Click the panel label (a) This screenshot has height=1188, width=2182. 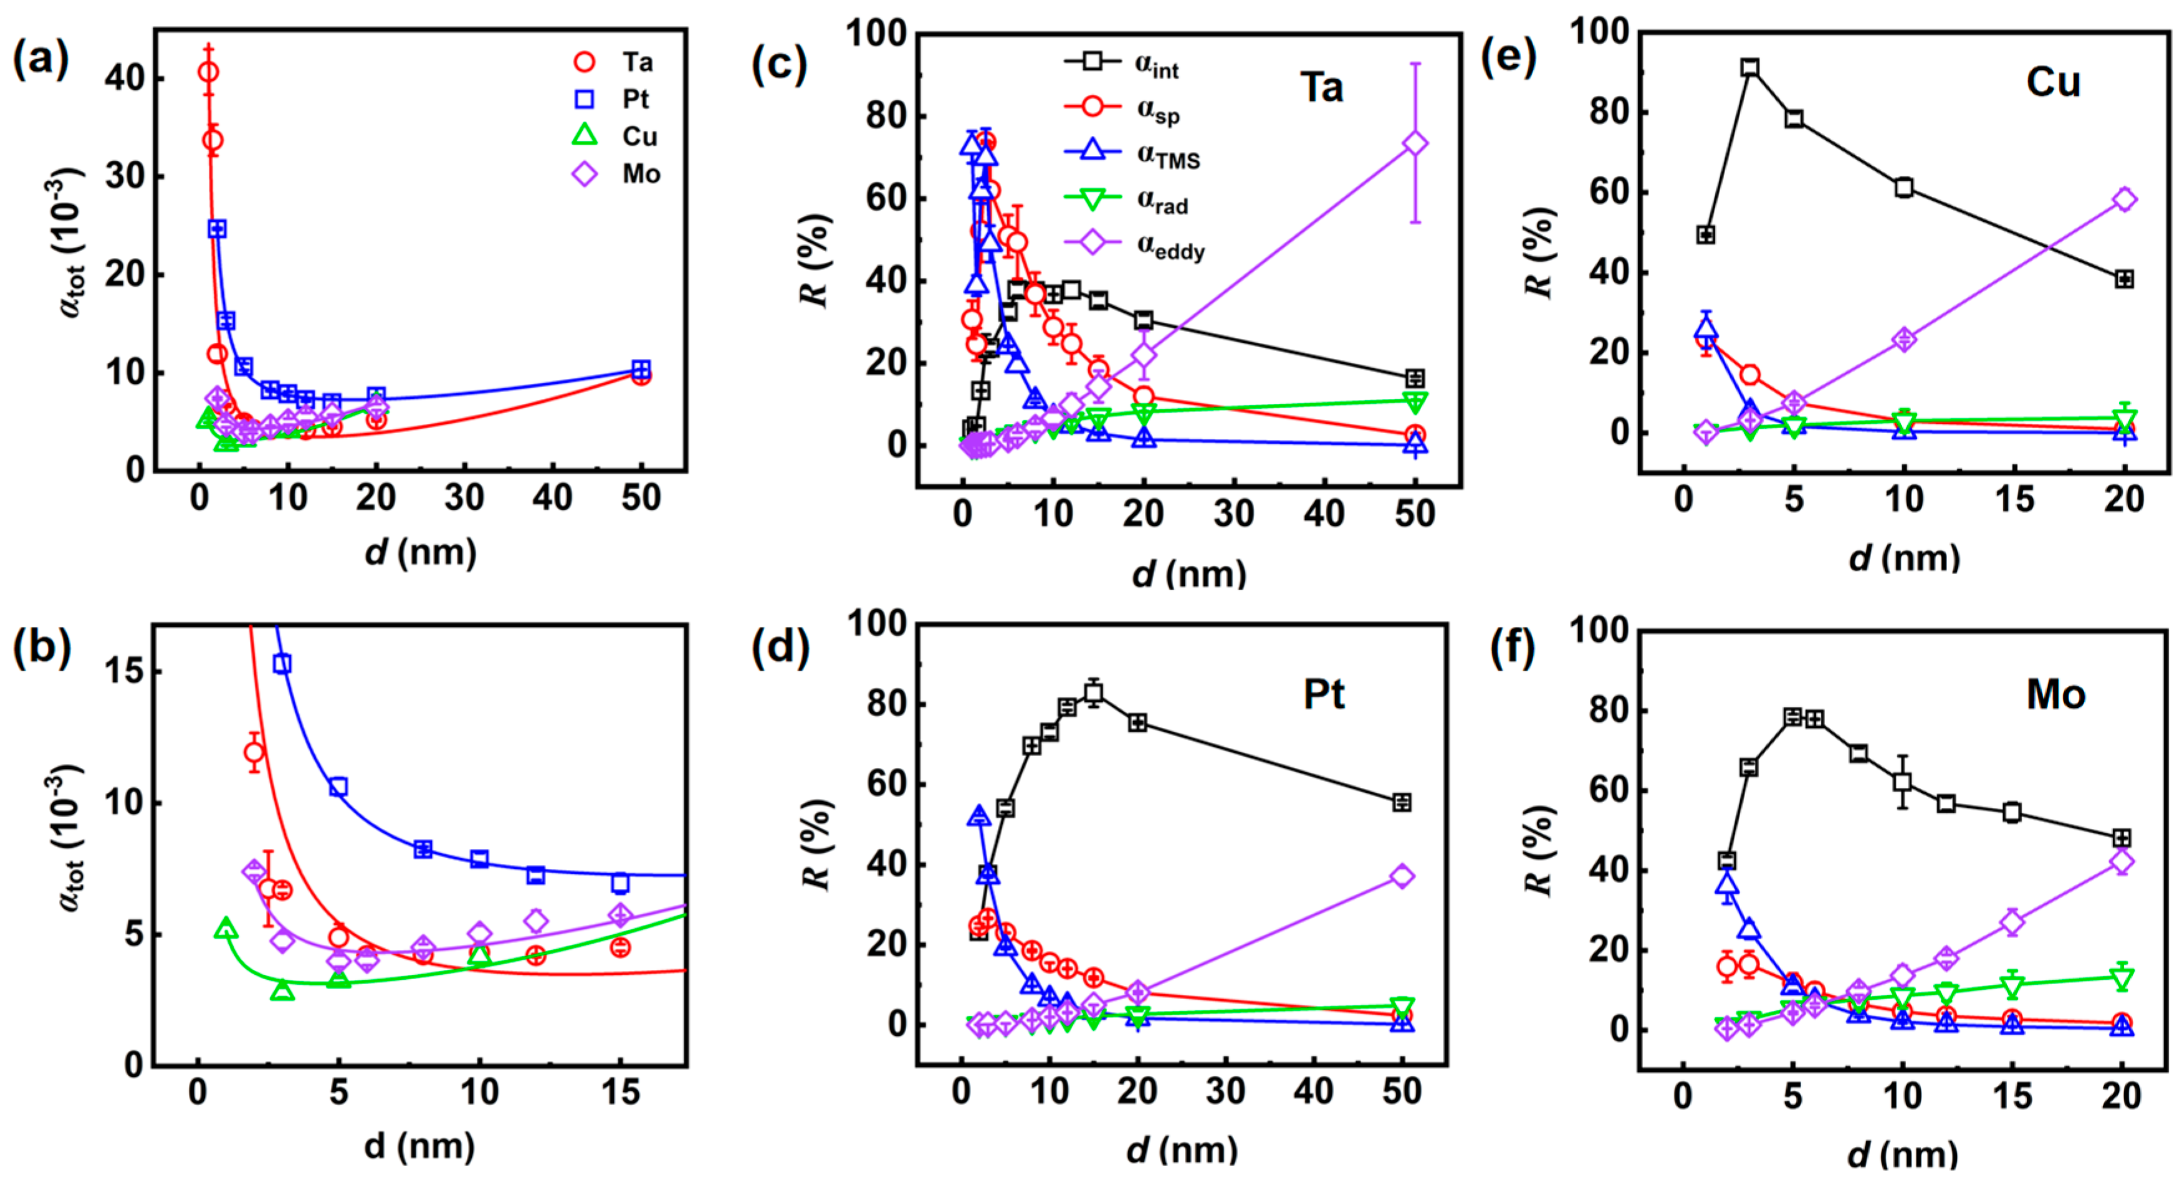41,61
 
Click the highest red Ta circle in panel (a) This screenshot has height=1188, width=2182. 208,72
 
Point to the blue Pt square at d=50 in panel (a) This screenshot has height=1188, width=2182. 641,370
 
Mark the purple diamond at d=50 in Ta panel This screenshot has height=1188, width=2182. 1415,143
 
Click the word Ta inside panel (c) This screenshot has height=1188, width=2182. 1321,88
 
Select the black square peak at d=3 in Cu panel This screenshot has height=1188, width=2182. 1749,68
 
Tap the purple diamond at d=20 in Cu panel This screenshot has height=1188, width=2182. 2123,200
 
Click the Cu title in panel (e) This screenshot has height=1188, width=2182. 2052,82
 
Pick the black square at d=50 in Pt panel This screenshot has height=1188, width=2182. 1402,802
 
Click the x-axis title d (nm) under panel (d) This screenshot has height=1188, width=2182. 1182,1151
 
